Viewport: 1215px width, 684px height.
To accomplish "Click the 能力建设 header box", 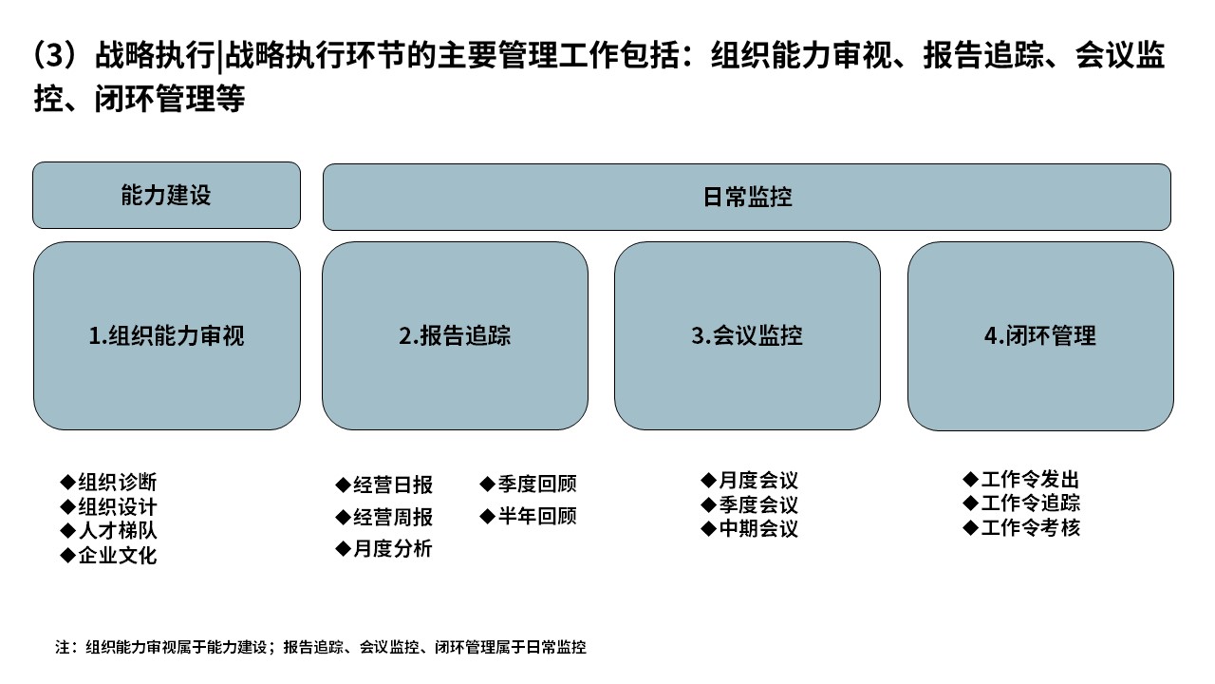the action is pos(166,195).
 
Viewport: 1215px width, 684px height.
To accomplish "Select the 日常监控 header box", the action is pos(747,197).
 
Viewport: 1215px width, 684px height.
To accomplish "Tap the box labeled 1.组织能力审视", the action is pos(166,336).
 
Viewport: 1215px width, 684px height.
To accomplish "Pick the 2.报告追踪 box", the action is pos(455,336).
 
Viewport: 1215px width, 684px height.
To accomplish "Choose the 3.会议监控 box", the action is pos(747,336).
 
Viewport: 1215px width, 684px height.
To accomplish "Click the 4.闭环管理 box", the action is pos(1041,336).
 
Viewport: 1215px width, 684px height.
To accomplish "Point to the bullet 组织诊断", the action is pos(108,482).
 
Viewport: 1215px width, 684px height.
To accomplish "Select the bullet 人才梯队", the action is pos(108,530).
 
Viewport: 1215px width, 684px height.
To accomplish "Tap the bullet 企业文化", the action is pos(108,556).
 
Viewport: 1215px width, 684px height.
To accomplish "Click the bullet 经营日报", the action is pos(384,484).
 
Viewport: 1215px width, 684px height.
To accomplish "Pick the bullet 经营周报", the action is pos(384,517).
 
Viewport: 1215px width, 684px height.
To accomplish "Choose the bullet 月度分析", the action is pos(384,549).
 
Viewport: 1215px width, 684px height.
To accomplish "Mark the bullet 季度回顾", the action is pos(529,484).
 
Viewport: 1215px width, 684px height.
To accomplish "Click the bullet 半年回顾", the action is pos(529,516).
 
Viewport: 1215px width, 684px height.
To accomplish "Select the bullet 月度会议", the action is pos(750,481).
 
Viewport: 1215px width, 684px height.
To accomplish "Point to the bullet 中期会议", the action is pos(750,528).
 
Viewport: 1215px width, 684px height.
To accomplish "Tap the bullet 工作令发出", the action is pos(1021,480).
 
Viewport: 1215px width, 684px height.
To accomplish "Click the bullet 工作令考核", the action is pos(1021,527).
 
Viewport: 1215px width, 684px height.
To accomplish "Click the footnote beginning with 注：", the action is pos(321,647).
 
